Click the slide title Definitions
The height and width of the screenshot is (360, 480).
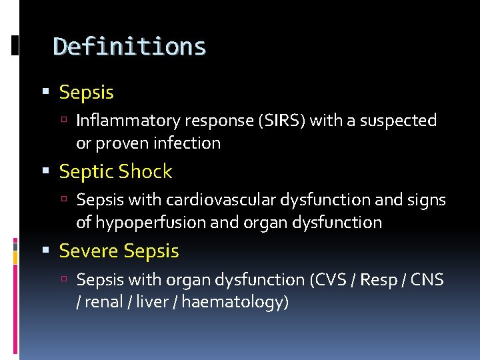pyautogui.click(x=129, y=47)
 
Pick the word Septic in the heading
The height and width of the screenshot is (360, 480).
pyautogui.click(x=85, y=171)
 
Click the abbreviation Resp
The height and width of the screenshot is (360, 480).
pyautogui.click(x=378, y=279)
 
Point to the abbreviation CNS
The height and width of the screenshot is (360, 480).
pyautogui.click(x=427, y=279)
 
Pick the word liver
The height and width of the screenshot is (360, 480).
pyautogui.click(x=151, y=302)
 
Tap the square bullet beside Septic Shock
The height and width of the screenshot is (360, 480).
pyautogui.click(x=45, y=172)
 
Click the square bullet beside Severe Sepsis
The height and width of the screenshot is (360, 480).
pyautogui.click(x=45, y=251)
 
